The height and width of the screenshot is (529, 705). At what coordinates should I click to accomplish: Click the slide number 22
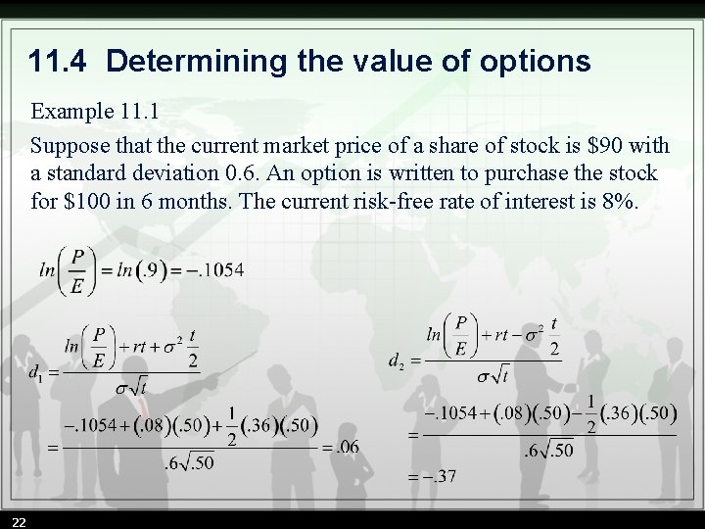20,520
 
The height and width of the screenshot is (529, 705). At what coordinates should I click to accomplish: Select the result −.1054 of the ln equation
214,270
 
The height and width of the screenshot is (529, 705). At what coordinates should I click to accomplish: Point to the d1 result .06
346,446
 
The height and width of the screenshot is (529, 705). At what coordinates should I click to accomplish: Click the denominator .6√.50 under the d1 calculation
189,463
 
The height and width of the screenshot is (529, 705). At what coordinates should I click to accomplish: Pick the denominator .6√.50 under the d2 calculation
548,451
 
